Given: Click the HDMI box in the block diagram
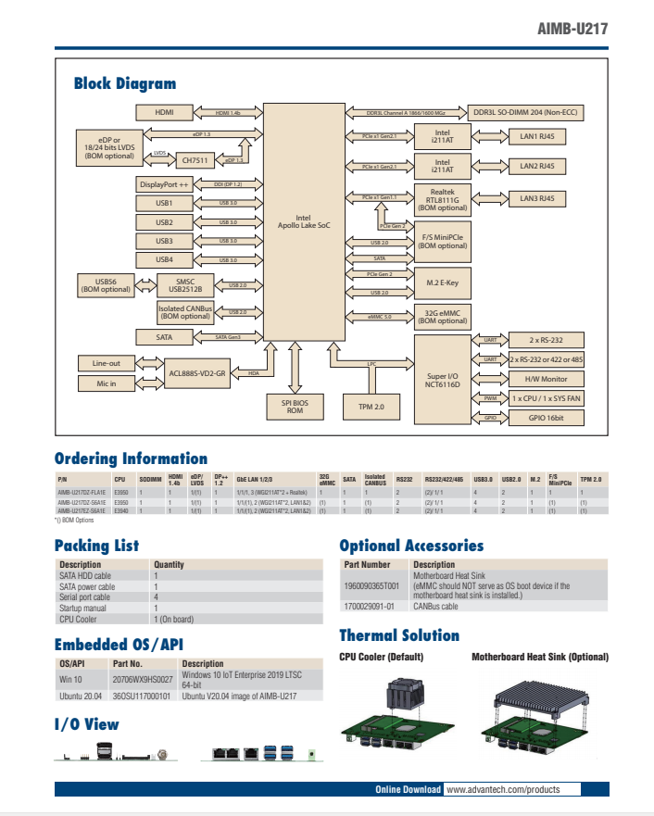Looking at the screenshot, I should point(164,112).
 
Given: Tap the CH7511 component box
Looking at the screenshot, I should point(195,160).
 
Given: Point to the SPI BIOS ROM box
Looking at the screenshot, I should point(295,406).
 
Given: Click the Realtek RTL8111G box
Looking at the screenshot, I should point(443,199).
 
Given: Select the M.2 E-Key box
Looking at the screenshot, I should point(443,282).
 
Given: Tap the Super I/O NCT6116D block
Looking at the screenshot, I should point(443,378).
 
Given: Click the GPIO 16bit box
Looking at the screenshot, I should point(547,418).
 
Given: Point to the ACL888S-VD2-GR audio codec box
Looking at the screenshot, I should point(197,373).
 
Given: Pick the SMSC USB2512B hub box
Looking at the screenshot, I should point(185,285).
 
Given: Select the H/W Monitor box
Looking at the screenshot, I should point(547,379).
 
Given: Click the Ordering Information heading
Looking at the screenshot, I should point(131,458).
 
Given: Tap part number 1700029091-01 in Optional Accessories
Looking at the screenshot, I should point(370,607).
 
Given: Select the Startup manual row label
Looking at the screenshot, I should point(82,608).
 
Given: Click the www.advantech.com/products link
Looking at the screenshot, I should point(503,789).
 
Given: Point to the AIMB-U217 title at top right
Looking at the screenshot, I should point(572,29).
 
